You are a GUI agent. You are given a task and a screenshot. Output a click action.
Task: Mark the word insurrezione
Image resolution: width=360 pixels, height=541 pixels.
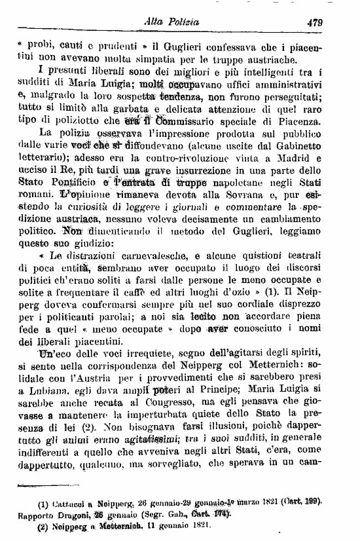[227, 173]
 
